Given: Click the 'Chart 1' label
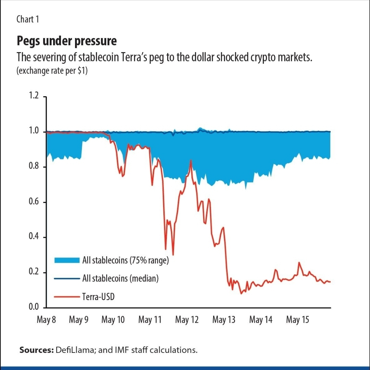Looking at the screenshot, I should pos(28,19).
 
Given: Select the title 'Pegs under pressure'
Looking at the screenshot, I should pos(67,41).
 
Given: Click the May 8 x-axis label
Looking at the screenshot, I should pos(46,320).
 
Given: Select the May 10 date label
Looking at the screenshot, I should pos(113,320).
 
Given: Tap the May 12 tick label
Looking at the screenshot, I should pos(187,320).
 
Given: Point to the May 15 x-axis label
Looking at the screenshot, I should pos(298,320).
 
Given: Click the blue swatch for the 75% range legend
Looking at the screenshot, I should pos(67,260).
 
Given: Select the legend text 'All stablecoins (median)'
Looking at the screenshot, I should pos(120,278).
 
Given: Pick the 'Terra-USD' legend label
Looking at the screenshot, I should pos(98,296).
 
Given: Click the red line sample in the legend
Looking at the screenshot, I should pos(67,296).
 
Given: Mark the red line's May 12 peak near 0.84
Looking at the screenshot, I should pos(190,160).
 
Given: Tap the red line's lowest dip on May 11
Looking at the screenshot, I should pos(173,255).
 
